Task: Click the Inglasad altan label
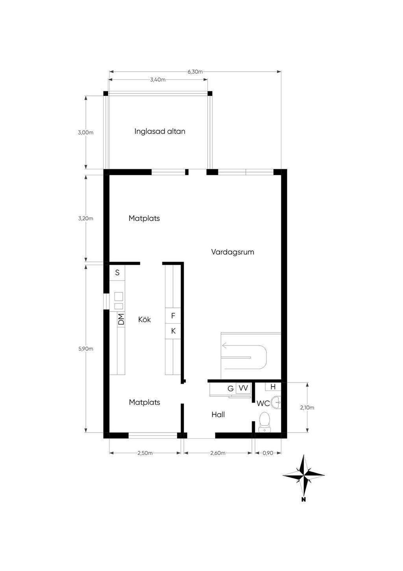click(x=160, y=132)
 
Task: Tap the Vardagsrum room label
click(x=233, y=252)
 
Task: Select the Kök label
click(x=144, y=320)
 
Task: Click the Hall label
click(x=218, y=415)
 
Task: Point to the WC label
click(x=263, y=404)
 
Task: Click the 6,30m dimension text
click(x=195, y=72)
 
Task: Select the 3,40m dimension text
click(x=157, y=80)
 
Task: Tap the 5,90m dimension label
click(x=85, y=349)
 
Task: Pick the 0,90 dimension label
click(x=268, y=453)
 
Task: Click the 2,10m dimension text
click(x=307, y=407)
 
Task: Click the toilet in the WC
click(x=264, y=422)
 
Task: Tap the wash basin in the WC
click(x=276, y=402)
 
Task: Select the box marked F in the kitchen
click(x=173, y=316)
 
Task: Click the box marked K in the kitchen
click(x=173, y=331)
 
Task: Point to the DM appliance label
click(x=121, y=319)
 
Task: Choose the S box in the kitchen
click(x=117, y=273)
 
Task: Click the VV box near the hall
click(x=243, y=388)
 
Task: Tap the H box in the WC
click(x=273, y=387)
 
